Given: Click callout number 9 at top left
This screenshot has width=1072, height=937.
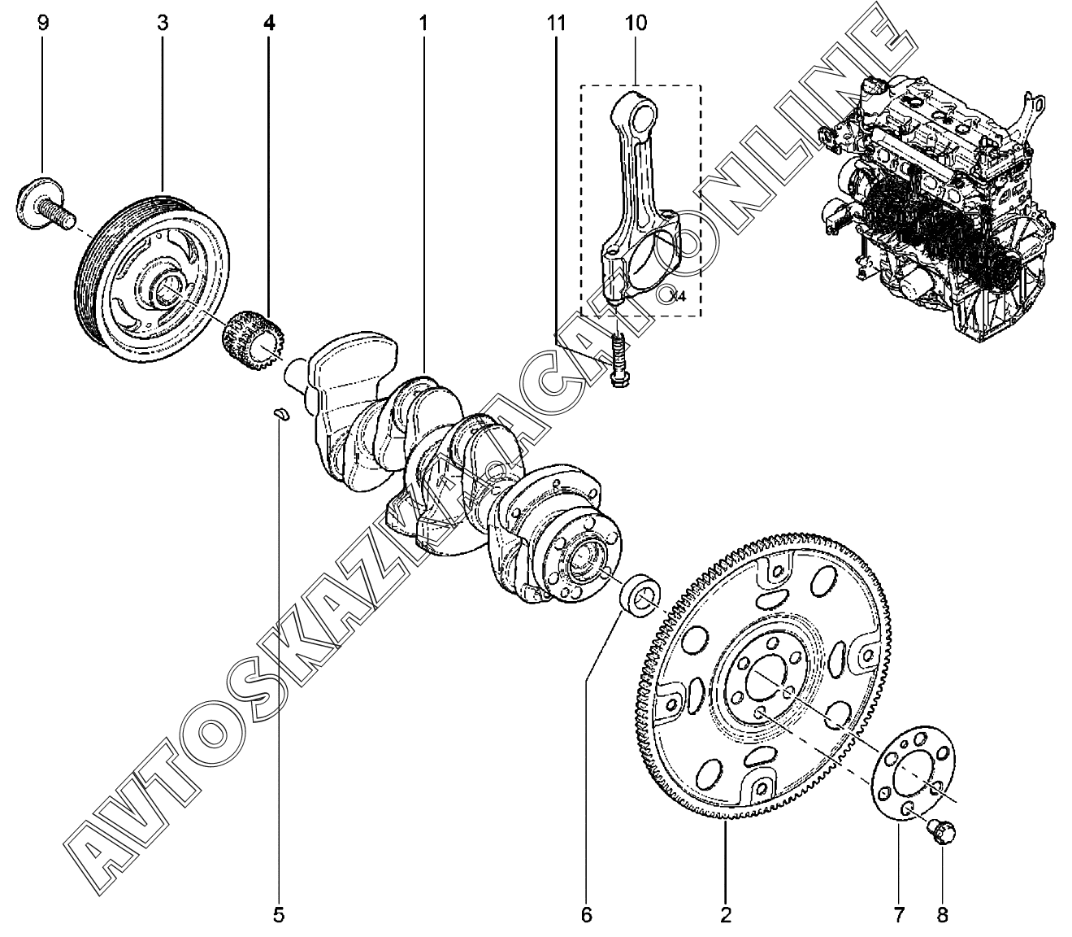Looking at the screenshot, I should click(x=42, y=22).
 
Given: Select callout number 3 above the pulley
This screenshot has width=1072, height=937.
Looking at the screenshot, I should click(x=163, y=22).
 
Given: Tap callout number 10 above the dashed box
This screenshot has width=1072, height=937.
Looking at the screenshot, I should click(x=636, y=22).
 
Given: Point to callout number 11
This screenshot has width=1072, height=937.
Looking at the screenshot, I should click(x=556, y=22).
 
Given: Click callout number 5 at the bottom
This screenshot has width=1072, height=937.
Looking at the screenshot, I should click(x=279, y=915).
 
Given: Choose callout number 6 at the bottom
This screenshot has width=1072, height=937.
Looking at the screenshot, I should click(x=586, y=915).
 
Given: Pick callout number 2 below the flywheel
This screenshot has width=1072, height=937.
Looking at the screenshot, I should click(x=726, y=915).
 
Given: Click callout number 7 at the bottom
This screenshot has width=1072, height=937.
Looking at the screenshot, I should click(x=899, y=915).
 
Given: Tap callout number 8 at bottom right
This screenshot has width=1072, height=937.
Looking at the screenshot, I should click(x=943, y=915).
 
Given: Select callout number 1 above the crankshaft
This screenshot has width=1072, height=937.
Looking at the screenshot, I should click(x=423, y=22).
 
